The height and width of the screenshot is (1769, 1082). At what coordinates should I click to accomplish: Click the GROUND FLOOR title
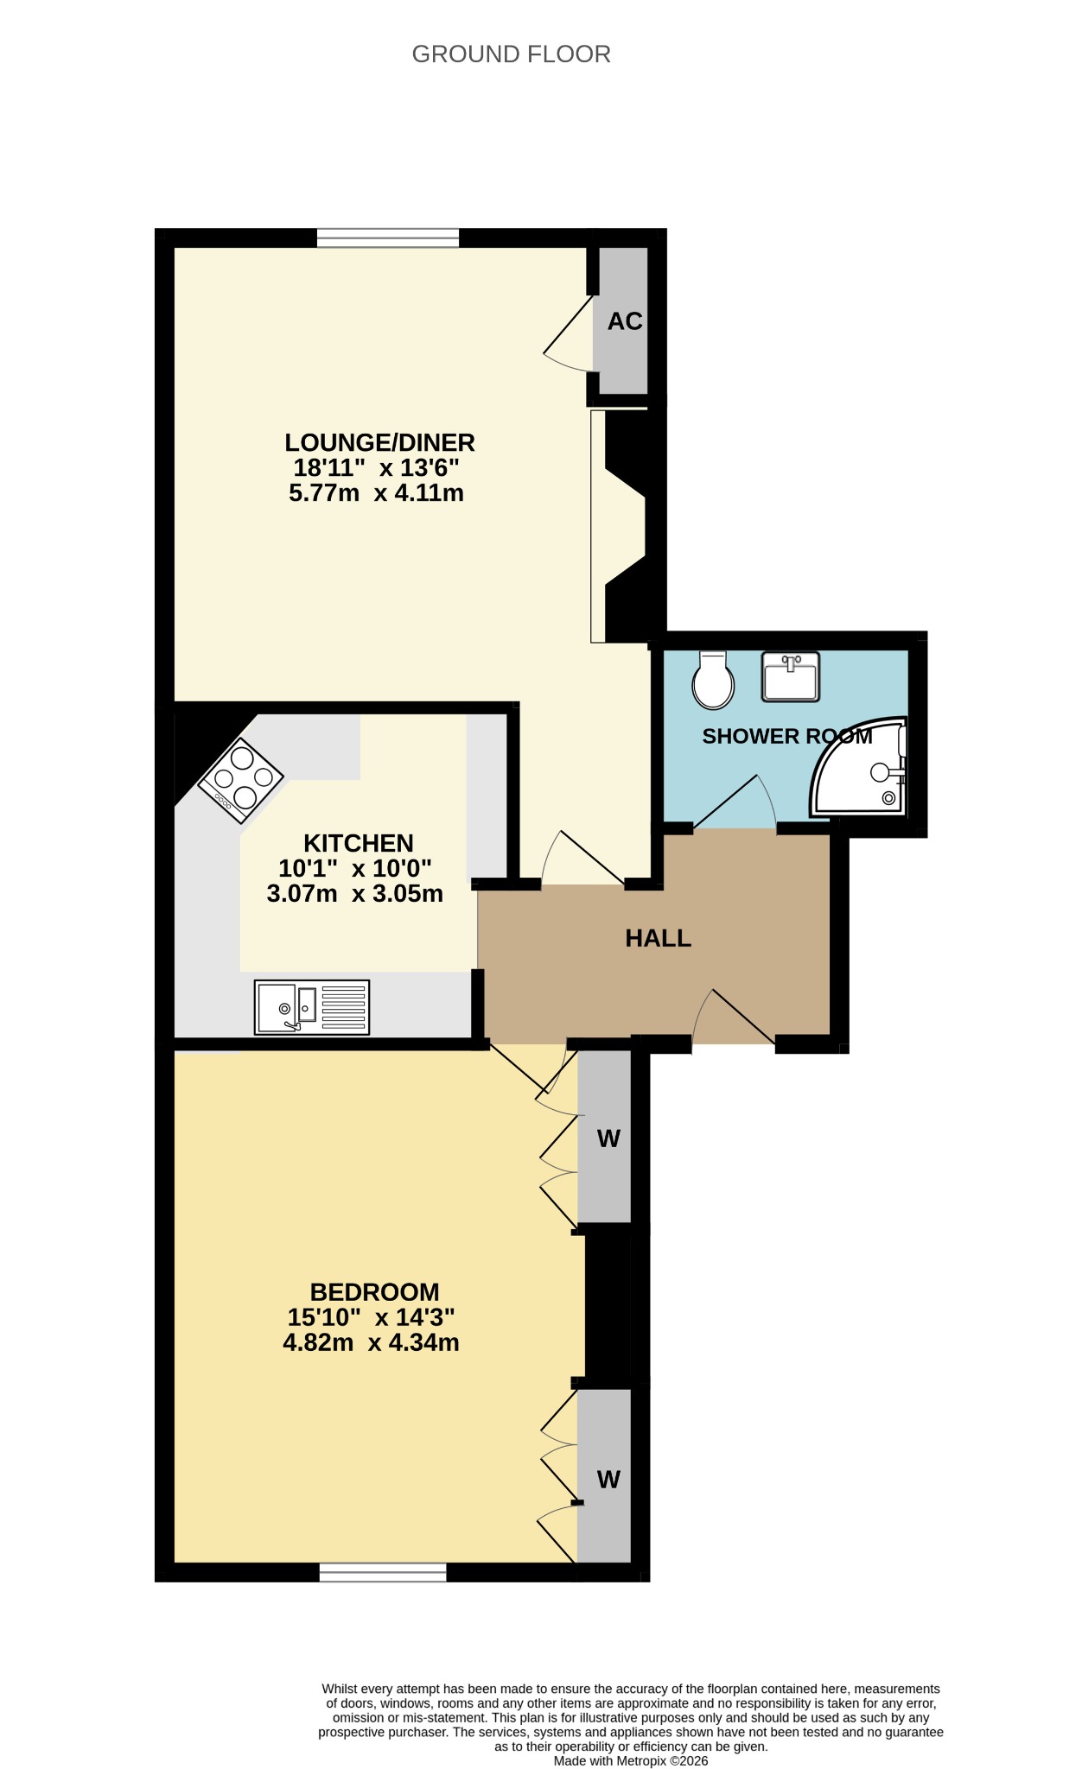(511, 54)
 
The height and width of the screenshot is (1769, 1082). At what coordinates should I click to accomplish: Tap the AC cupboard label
(625, 321)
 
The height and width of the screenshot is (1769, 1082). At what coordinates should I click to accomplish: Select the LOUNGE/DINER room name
(380, 442)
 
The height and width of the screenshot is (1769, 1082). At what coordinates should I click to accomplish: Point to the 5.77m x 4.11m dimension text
(376, 493)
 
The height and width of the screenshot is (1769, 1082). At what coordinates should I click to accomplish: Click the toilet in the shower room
(713, 680)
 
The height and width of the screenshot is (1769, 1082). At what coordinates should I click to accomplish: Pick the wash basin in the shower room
(790, 676)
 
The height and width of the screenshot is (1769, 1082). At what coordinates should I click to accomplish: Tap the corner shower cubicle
(859, 766)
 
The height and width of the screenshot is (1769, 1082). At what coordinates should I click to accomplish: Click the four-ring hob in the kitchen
(241, 780)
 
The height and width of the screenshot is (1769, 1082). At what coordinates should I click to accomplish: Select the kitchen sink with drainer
(312, 1007)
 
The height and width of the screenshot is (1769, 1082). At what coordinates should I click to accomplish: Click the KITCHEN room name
(359, 843)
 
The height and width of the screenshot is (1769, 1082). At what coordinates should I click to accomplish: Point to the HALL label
(659, 939)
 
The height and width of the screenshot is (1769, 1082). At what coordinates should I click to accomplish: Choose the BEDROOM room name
(375, 1292)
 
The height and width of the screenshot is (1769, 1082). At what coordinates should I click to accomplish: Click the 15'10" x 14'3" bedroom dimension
(372, 1317)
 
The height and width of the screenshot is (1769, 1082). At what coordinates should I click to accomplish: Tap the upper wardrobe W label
(608, 1138)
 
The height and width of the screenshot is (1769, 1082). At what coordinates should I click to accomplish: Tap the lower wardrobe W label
(608, 1480)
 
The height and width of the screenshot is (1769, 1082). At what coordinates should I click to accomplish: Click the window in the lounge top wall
(388, 238)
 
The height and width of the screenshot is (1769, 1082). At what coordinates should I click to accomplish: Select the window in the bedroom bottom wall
(383, 1572)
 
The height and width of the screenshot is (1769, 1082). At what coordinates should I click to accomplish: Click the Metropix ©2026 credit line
(631, 1760)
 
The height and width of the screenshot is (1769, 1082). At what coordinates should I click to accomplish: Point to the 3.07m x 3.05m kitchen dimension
(355, 893)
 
